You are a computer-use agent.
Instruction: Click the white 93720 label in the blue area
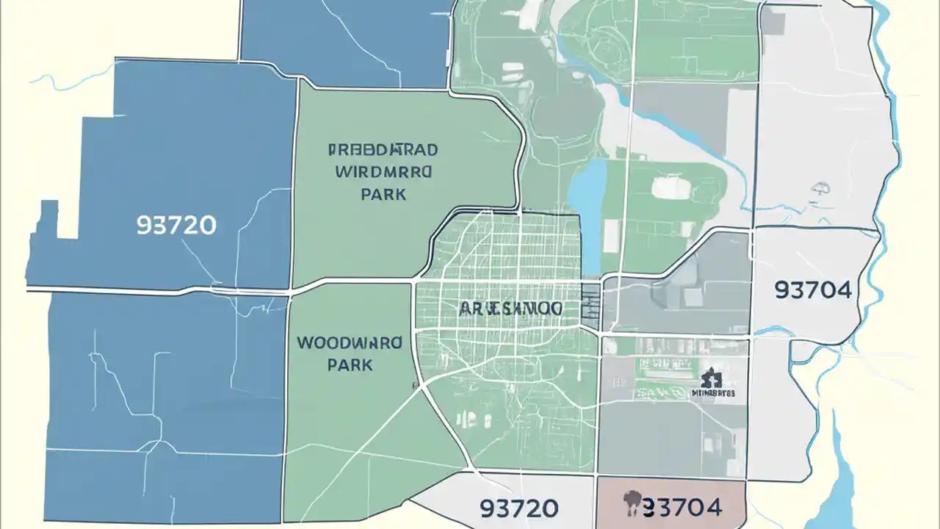click(176, 225)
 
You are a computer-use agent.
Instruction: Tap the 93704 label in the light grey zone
click(813, 290)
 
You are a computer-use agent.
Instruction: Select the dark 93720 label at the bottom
click(518, 507)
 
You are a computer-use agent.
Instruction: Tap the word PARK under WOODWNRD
click(350, 364)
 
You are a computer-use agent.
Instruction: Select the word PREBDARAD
click(383, 150)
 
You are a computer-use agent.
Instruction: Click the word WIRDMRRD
click(384, 173)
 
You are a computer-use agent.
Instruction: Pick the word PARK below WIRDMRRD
click(383, 195)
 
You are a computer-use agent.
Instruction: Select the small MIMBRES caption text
click(713, 393)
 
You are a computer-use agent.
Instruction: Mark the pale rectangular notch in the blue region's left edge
click(68, 220)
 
